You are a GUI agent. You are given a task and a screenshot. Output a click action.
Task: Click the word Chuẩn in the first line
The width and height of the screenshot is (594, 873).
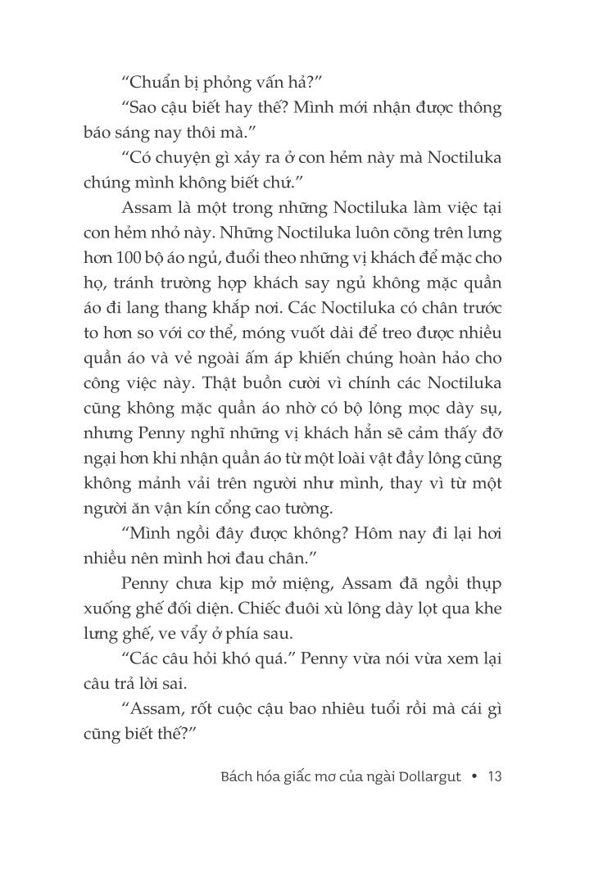pyautogui.click(x=155, y=81)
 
